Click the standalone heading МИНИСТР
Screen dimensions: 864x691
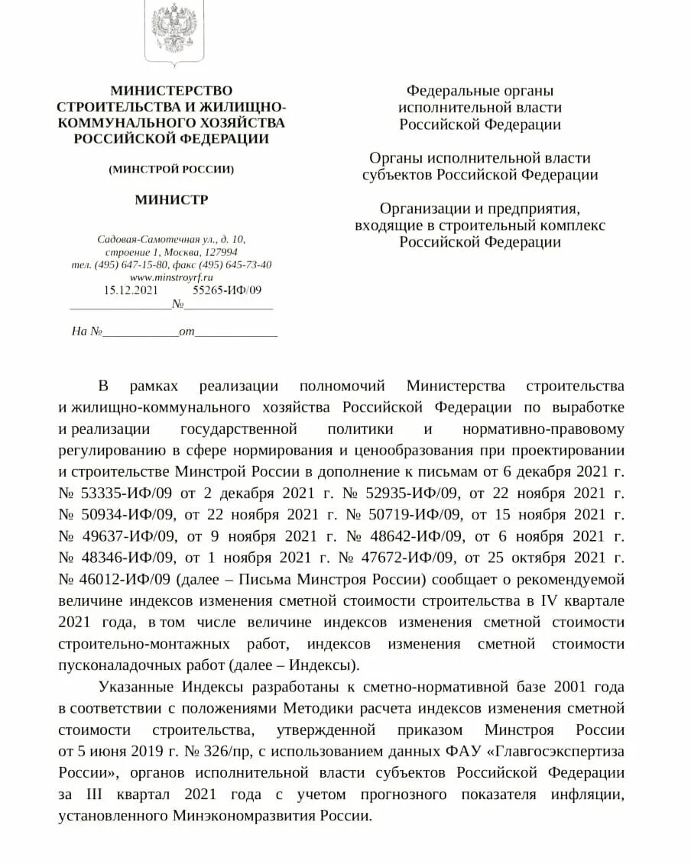[x=171, y=200]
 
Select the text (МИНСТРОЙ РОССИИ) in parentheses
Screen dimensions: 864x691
[x=171, y=169]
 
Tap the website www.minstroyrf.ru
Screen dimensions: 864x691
[x=170, y=277]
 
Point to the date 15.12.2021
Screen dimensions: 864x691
[x=131, y=290]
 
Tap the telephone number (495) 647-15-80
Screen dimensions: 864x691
[x=127, y=265]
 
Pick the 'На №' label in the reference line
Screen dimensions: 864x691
[x=86, y=332]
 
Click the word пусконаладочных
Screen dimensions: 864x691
[x=113, y=664]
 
